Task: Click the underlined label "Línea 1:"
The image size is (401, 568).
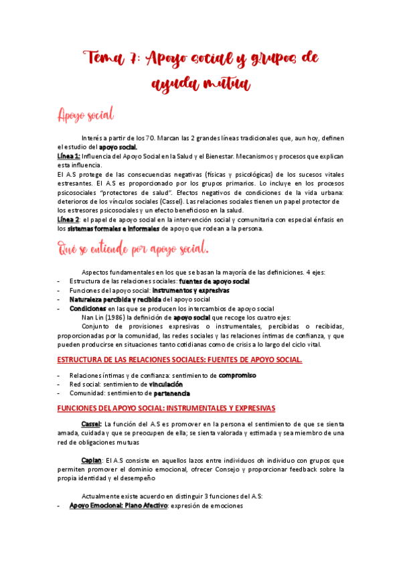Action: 69,155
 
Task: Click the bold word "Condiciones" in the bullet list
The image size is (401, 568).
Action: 89,308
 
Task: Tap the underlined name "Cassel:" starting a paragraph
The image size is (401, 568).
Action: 91,425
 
